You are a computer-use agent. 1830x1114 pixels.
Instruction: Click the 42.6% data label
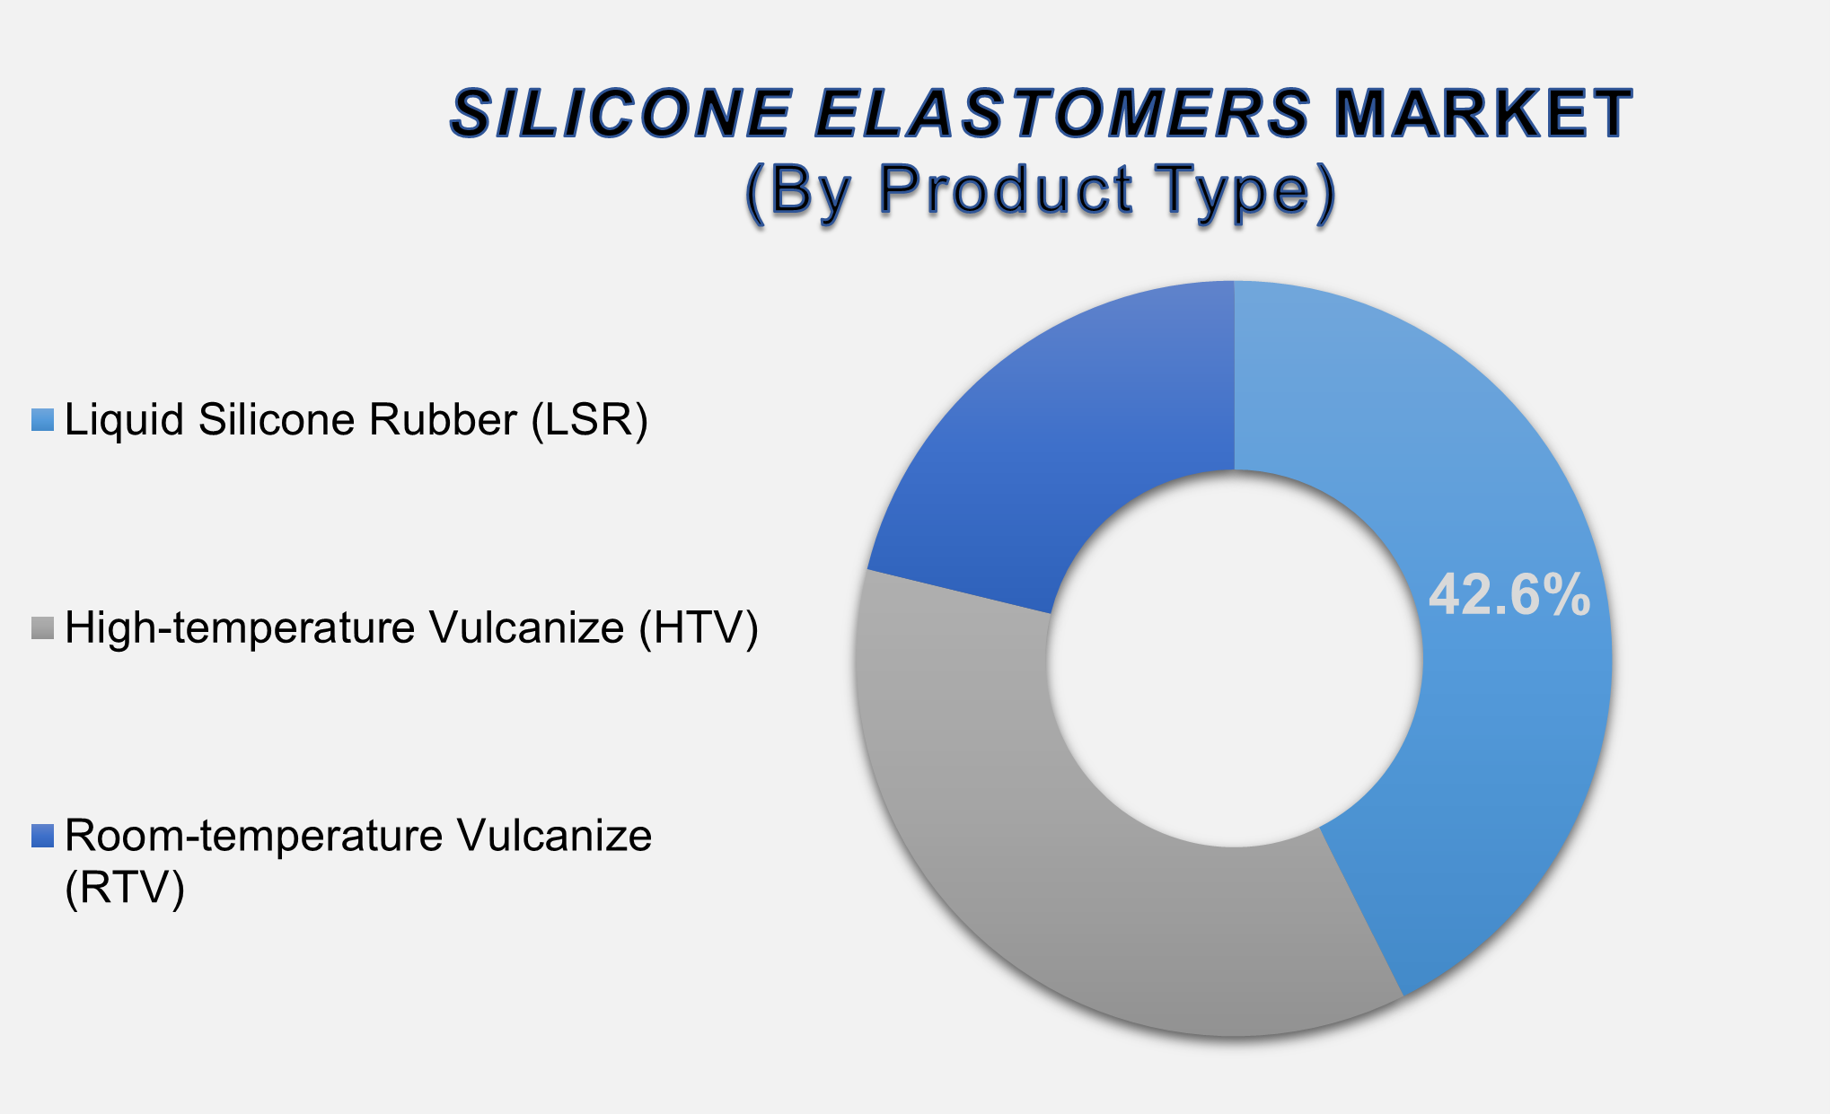(1509, 595)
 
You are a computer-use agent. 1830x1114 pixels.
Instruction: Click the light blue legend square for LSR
(43, 419)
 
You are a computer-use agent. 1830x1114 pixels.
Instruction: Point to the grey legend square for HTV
(43, 627)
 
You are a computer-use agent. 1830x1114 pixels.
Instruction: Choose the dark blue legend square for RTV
(43, 836)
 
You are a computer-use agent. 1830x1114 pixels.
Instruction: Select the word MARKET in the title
(1482, 114)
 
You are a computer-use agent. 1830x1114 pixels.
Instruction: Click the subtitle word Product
(1006, 190)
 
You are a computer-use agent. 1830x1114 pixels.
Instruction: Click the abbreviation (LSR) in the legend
(589, 419)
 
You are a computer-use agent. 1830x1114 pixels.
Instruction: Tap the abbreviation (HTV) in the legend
(699, 627)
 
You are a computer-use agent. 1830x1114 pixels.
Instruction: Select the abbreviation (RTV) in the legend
(125, 888)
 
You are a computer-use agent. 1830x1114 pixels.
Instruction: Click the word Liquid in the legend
(125, 419)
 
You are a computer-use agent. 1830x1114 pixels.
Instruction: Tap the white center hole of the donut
(1235, 660)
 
